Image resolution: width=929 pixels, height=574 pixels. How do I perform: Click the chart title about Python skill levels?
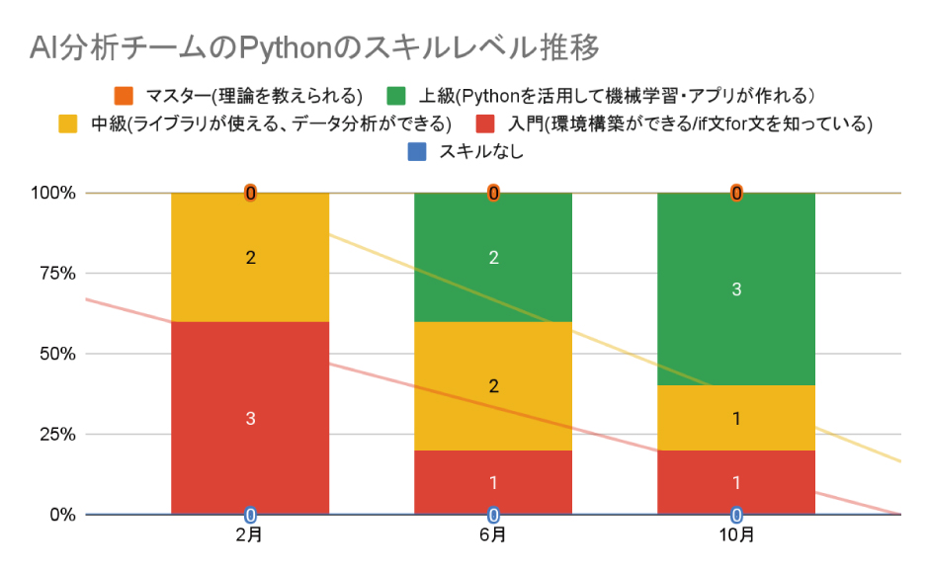coord(314,46)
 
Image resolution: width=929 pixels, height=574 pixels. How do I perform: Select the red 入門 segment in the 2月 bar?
coord(250,435)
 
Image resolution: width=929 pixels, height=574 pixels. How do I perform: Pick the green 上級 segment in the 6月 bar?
coord(493,237)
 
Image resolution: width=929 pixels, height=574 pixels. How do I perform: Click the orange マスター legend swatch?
coord(124,96)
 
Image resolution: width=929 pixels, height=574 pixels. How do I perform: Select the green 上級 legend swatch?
coord(395,96)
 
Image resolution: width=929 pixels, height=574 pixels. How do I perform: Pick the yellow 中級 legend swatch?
coord(68,123)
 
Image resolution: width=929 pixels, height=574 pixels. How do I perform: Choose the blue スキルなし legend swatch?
coord(416,152)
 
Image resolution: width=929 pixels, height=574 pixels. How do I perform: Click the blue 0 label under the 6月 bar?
coord(493,515)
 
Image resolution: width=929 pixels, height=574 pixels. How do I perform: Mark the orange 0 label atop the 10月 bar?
coord(736,194)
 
